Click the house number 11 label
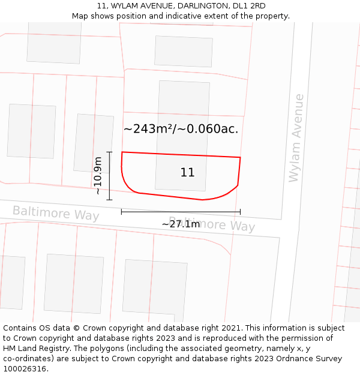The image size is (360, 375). coord(187,173)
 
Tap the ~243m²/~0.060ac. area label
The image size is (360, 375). coord(181,128)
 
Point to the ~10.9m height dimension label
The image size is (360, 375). coord(99,175)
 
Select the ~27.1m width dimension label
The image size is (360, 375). coord(181,224)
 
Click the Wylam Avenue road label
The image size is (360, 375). coord(296,138)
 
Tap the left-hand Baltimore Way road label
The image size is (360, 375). coord(56,213)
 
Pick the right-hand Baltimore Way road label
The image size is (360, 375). coord(212,224)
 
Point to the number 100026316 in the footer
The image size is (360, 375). coord(23,369)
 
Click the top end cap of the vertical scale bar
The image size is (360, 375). coord(109,152)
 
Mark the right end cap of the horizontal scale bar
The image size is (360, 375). coord(240,212)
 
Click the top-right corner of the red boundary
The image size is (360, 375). coord(240,157)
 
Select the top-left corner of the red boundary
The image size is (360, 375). coord(122,152)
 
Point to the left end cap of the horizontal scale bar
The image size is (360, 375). coord(121,212)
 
